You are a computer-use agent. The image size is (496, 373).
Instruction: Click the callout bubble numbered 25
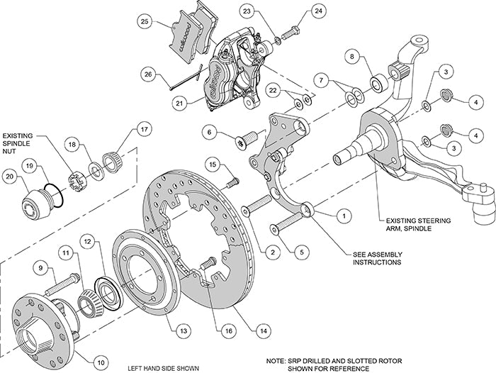coord(145,22)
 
